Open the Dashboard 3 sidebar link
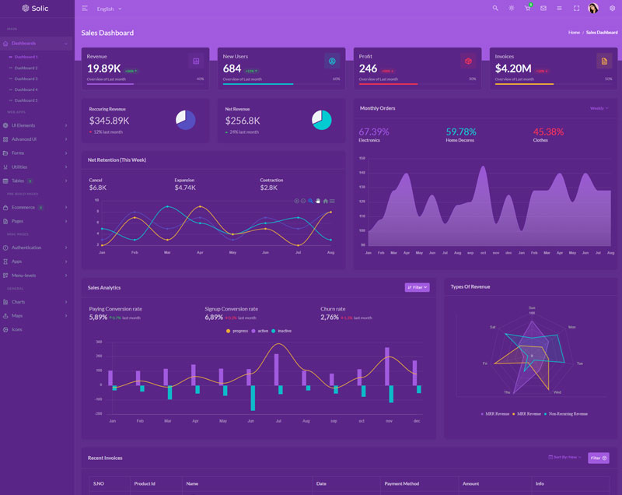pos(26,79)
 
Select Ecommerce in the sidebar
pos(23,207)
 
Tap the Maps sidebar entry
pos(17,315)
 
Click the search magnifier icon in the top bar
pos(495,9)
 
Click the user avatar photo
pos(593,9)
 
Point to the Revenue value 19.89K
pos(103,68)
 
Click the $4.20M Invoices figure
pos(513,68)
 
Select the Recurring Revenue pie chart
pos(185,120)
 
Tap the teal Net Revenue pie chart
pos(321,120)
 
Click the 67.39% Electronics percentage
pos(374,132)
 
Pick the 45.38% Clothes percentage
pos(548,132)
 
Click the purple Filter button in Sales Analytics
pos(417,287)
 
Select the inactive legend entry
pos(282,331)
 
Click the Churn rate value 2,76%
pos(330,318)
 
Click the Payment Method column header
pos(402,484)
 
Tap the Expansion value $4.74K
pos(185,188)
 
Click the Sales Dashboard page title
pos(107,33)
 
